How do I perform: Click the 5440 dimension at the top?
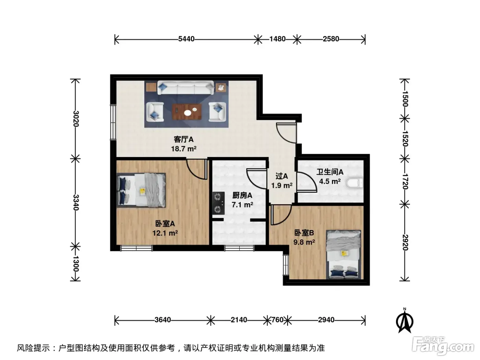pos(186,39)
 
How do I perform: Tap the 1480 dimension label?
pos(277,39)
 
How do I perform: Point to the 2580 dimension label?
pos(331,39)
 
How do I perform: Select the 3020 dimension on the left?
pos(76,119)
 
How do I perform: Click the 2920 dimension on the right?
pos(405,242)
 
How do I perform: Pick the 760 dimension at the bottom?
pos(277,320)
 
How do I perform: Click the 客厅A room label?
pos(183,139)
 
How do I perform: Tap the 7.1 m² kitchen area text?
pos(242,205)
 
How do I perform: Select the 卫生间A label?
pos(330,172)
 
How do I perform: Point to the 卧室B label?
pos(304,233)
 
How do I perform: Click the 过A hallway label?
pos(282,176)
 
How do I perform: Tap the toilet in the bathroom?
pos(355,183)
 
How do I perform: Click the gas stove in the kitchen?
pos(218,203)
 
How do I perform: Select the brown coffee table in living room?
pos(187,112)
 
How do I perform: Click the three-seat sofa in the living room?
pos(185,88)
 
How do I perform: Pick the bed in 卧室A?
pos(141,190)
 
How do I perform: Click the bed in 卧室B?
pos(343,255)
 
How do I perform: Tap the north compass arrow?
pos(405,321)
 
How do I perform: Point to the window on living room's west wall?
pos(113,122)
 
